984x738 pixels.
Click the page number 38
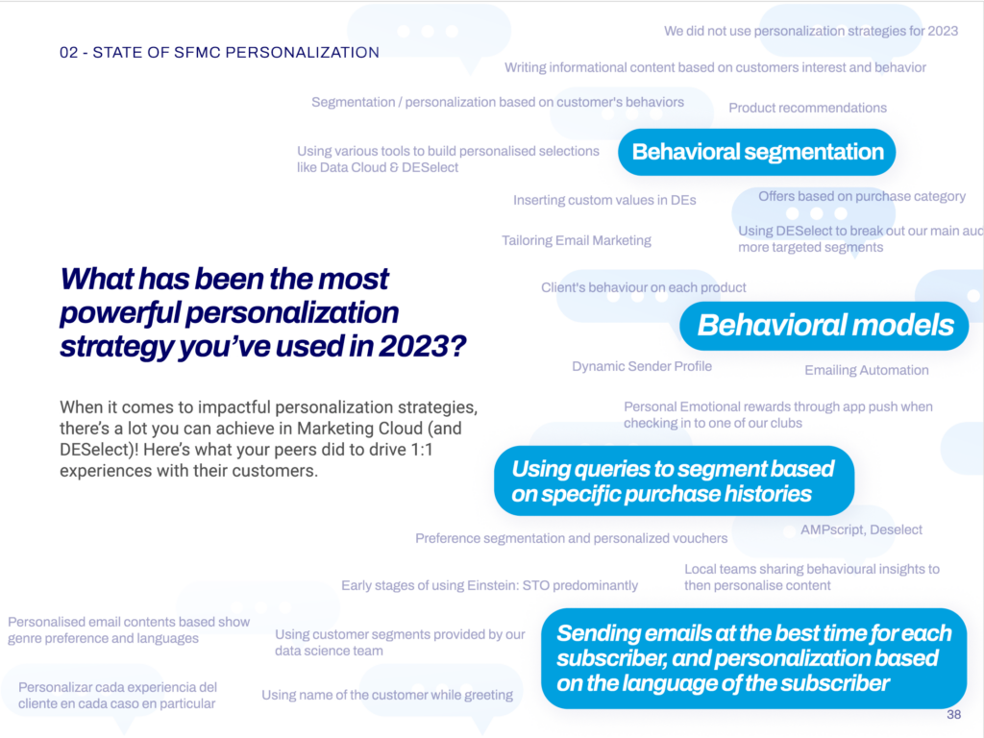coord(954,715)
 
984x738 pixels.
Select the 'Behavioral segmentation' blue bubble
coord(757,152)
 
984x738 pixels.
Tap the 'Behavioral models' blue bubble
coord(824,326)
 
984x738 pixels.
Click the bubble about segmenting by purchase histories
coord(674,480)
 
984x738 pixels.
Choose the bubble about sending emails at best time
coord(753,658)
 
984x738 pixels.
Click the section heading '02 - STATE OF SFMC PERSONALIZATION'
coord(220,53)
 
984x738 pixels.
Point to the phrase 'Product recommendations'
coord(807,108)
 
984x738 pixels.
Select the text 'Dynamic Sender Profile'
coord(642,366)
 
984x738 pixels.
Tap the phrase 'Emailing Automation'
coord(867,370)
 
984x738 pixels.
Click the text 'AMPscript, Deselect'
coord(862,529)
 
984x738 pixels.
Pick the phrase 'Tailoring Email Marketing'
coord(577,240)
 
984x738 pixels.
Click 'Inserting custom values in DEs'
coord(605,200)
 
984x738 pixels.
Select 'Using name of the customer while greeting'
coord(387,695)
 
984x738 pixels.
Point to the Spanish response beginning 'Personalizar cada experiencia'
coord(117,696)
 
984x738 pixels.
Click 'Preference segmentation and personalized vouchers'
coord(572,538)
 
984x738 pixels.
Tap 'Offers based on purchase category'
coord(862,196)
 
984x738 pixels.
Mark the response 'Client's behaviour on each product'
coord(644,287)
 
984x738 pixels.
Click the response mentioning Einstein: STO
coord(489,585)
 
